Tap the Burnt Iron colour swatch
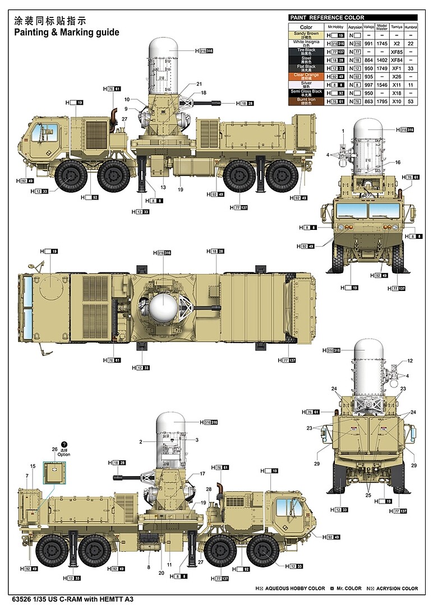pyautogui.click(x=306, y=101)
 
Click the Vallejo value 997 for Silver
pyautogui.click(x=367, y=84)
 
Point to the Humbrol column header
pyautogui.click(x=412, y=26)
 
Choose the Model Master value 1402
pyautogui.click(x=382, y=59)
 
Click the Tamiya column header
pyautogui.click(x=397, y=26)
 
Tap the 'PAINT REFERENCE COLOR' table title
pyautogui.click(x=327, y=17)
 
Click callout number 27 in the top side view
pyautogui.click(x=125, y=119)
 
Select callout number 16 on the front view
pyautogui.click(x=398, y=162)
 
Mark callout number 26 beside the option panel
pyautogui.click(x=54, y=449)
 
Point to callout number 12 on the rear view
pyautogui.click(x=409, y=361)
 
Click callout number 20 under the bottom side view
pyautogui.click(x=161, y=572)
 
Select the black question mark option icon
pyautogui.click(x=64, y=444)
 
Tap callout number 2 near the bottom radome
pyautogui.click(x=141, y=442)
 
